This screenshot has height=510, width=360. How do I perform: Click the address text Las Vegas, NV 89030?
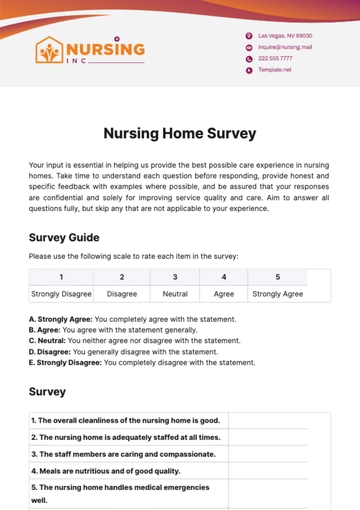tap(284, 35)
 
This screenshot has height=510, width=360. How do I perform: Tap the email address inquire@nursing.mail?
tap(284, 46)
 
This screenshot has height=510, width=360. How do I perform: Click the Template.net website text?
tap(274, 70)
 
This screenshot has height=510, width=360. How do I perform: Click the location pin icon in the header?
tap(248, 35)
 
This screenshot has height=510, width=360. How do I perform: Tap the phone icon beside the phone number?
tap(248, 58)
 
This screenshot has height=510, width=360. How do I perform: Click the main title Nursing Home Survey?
tap(180, 133)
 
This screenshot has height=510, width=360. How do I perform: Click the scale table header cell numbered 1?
tap(61, 277)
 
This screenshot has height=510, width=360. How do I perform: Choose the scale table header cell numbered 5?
tap(277, 277)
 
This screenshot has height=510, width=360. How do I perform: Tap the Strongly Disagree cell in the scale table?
tap(61, 294)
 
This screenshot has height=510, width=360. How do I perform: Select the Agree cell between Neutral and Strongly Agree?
tap(223, 294)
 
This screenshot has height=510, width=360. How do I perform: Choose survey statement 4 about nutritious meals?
tap(105, 469)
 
